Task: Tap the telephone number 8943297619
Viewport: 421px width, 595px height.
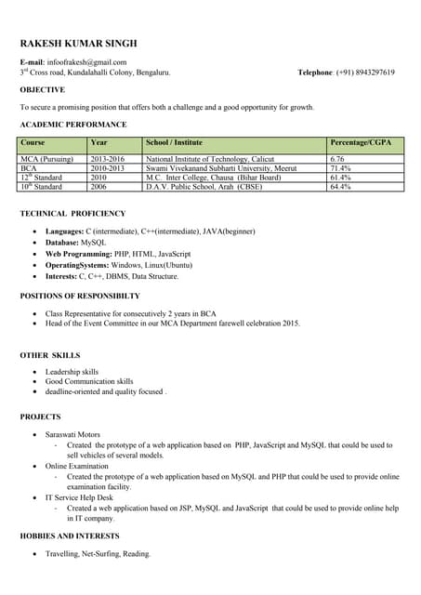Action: click(365, 73)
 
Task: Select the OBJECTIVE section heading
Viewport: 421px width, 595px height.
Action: click(43, 90)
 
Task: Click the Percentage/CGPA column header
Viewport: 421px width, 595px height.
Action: click(361, 142)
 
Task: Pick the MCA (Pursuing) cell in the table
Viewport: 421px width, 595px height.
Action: click(46, 159)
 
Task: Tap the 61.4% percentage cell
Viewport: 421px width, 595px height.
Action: click(341, 178)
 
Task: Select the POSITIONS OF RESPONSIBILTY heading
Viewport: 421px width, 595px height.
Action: click(80, 296)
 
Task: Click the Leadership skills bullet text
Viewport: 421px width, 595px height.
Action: click(72, 372)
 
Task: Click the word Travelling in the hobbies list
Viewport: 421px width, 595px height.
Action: click(66, 554)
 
